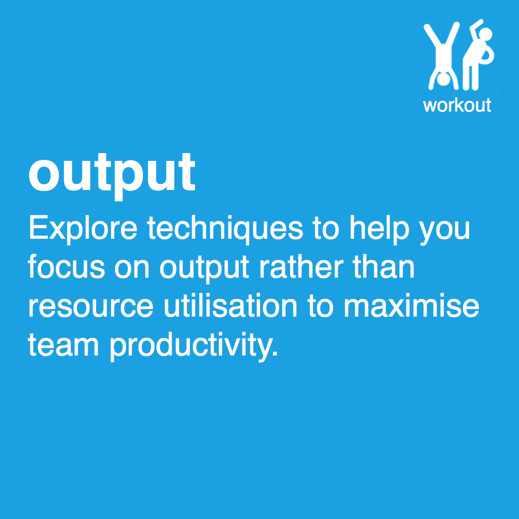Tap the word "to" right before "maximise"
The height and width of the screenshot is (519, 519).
(324, 306)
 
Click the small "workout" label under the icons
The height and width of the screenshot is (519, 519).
(457, 105)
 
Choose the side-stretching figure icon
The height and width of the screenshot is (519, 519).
(477, 57)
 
